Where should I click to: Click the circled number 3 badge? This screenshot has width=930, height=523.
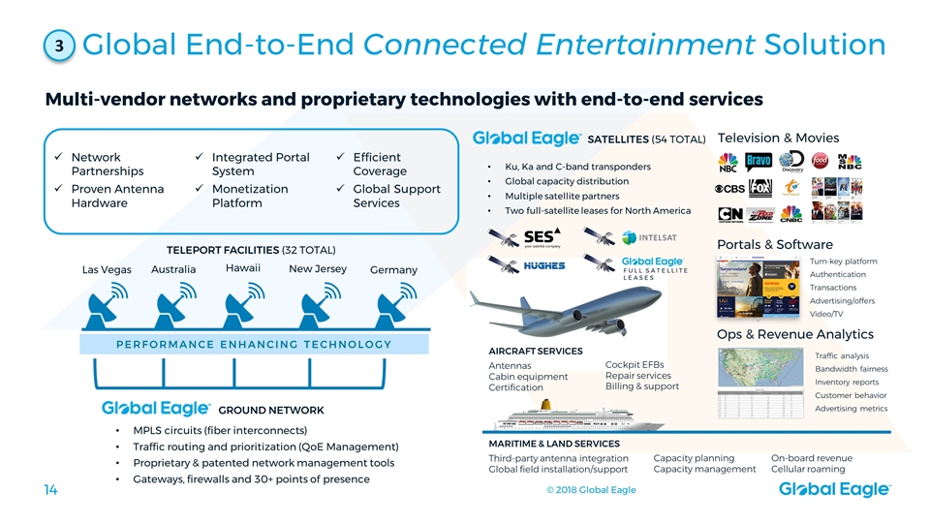click(59, 47)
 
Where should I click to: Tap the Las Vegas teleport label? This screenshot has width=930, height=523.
click(107, 269)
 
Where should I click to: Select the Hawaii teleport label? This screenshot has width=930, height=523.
click(245, 267)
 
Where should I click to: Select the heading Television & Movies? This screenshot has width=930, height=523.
click(778, 138)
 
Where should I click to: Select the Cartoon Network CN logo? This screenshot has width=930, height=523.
click(729, 214)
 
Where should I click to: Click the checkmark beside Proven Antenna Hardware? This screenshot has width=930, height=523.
click(60, 189)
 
